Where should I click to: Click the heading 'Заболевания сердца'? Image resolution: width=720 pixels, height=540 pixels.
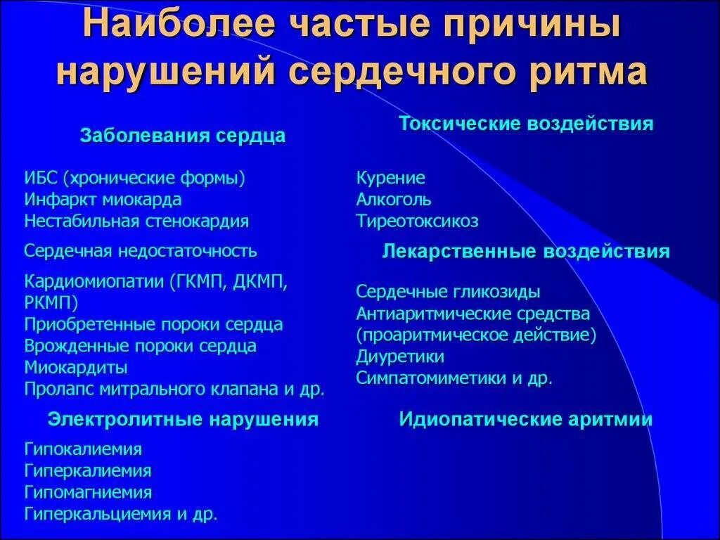coord(183,136)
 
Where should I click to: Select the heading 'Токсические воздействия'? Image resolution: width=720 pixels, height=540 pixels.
coord(526,124)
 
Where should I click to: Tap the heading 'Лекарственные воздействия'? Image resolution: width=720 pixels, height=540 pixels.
coord(525,252)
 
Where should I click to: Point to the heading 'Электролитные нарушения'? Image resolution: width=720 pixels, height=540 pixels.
coord(183,420)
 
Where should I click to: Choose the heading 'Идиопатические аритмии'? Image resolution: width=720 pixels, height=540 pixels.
coord(525,420)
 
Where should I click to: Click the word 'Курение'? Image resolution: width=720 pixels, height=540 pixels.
coord(390,178)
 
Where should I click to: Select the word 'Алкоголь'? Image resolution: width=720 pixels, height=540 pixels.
coord(393,200)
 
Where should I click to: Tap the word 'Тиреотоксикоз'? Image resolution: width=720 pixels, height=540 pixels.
coord(417,221)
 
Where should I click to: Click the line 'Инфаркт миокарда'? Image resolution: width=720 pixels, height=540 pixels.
coord(103,200)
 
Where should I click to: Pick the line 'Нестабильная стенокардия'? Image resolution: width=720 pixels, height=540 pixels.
coord(136,221)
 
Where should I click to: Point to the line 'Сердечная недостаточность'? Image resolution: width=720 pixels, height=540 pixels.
coord(141,251)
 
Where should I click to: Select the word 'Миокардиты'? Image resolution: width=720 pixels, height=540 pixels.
coord(76,367)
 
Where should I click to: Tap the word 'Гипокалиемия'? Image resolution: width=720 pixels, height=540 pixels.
coord(83,449)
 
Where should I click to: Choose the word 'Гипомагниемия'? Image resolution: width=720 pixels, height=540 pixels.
coord(88,492)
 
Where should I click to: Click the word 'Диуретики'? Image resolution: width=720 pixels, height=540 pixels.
coord(400,356)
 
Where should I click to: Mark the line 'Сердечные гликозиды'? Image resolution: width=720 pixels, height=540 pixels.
coord(448,292)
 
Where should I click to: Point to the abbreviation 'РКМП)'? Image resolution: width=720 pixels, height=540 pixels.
coord(51,303)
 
